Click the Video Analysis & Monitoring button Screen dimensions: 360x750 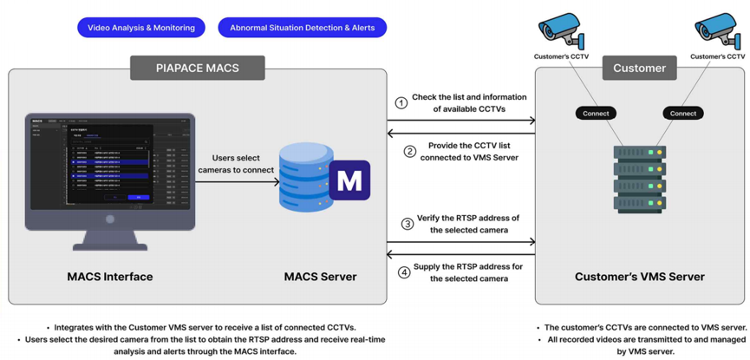click(x=141, y=28)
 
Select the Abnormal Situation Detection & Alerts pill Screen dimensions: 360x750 click(x=302, y=28)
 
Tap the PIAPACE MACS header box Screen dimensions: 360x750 click(x=198, y=68)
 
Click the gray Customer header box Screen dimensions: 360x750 click(x=639, y=68)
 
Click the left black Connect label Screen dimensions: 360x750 click(x=596, y=114)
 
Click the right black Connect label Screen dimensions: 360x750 click(x=682, y=114)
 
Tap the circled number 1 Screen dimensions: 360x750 click(x=401, y=103)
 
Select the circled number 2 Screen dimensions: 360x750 click(x=409, y=152)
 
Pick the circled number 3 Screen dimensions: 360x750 click(x=407, y=224)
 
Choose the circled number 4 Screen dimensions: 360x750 click(x=404, y=272)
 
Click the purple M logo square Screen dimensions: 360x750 click(x=349, y=180)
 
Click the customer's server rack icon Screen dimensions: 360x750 click(x=639, y=180)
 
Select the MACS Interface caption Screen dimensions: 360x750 click(x=110, y=277)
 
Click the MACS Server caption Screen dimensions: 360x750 click(x=320, y=277)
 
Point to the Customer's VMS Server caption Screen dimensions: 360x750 click(x=639, y=277)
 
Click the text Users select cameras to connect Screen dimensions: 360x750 click(x=235, y=163)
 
